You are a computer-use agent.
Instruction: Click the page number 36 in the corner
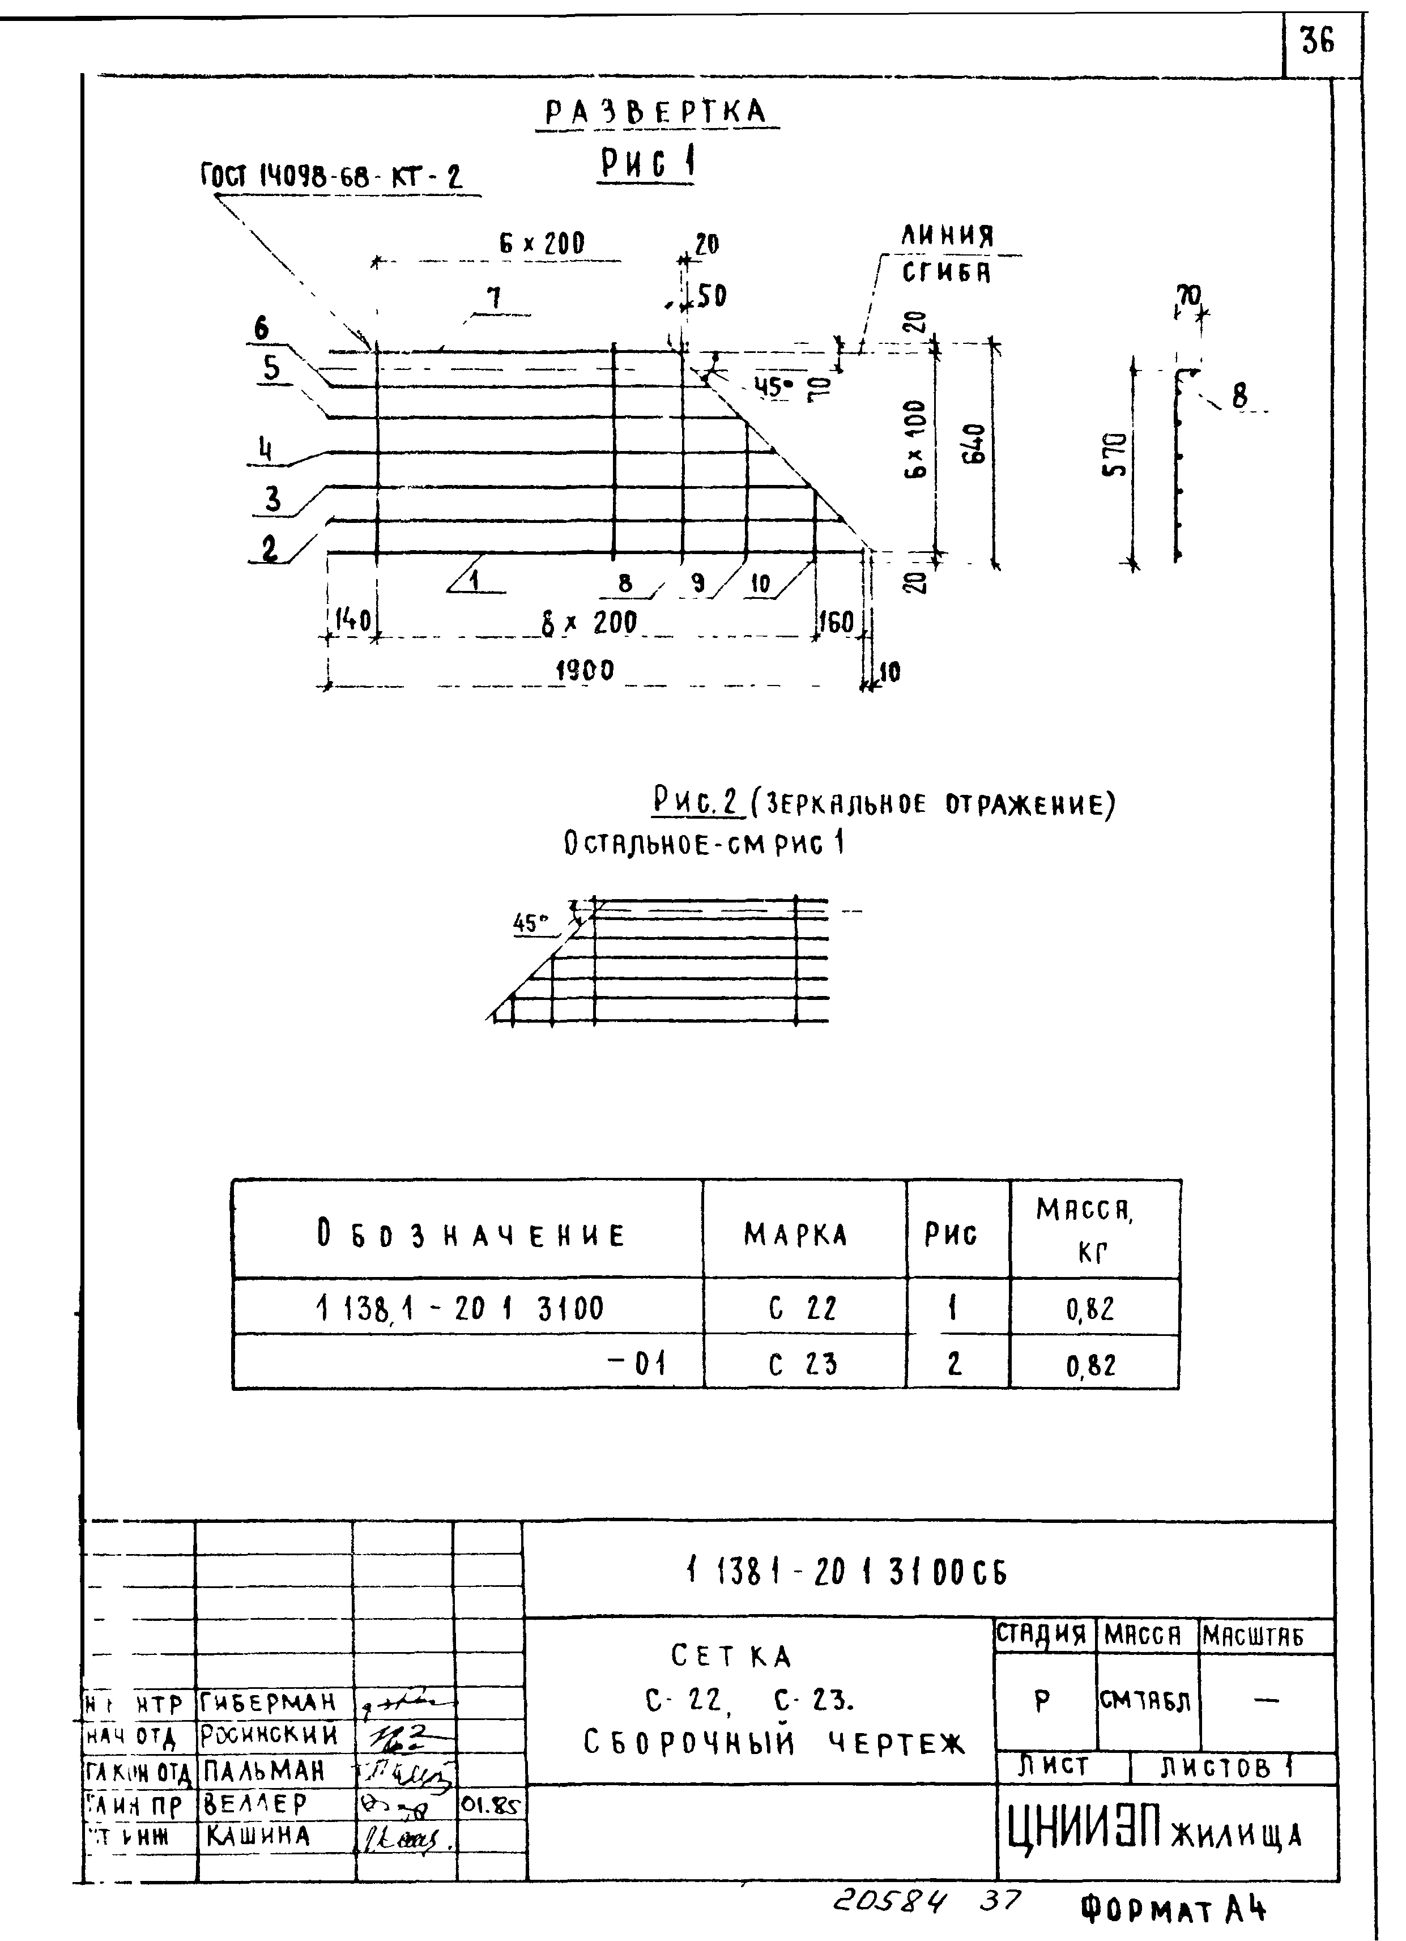(1317, 42)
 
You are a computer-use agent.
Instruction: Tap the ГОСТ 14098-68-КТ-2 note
(331, 177)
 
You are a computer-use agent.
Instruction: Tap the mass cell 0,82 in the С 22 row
(1090, 1309)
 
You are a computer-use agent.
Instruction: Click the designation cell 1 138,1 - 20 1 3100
(459, 1308)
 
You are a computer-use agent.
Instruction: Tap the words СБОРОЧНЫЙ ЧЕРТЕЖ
(774, 1743)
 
